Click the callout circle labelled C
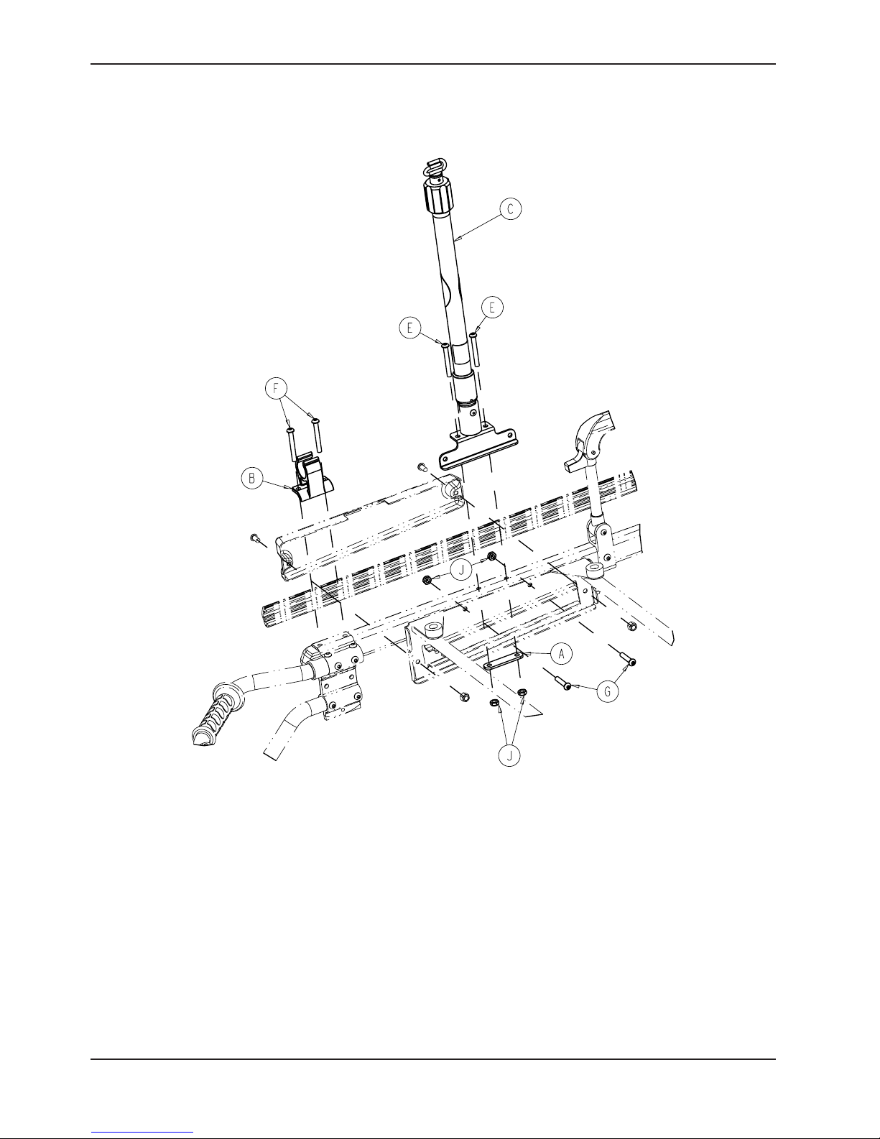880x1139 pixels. click(510, 209)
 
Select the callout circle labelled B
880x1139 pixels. click(252, 478)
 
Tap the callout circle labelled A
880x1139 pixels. click(562, 654)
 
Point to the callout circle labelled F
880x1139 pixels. click(277, 389)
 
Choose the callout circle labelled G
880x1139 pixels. click(608, 692)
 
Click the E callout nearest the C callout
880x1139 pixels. click(492, 308)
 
